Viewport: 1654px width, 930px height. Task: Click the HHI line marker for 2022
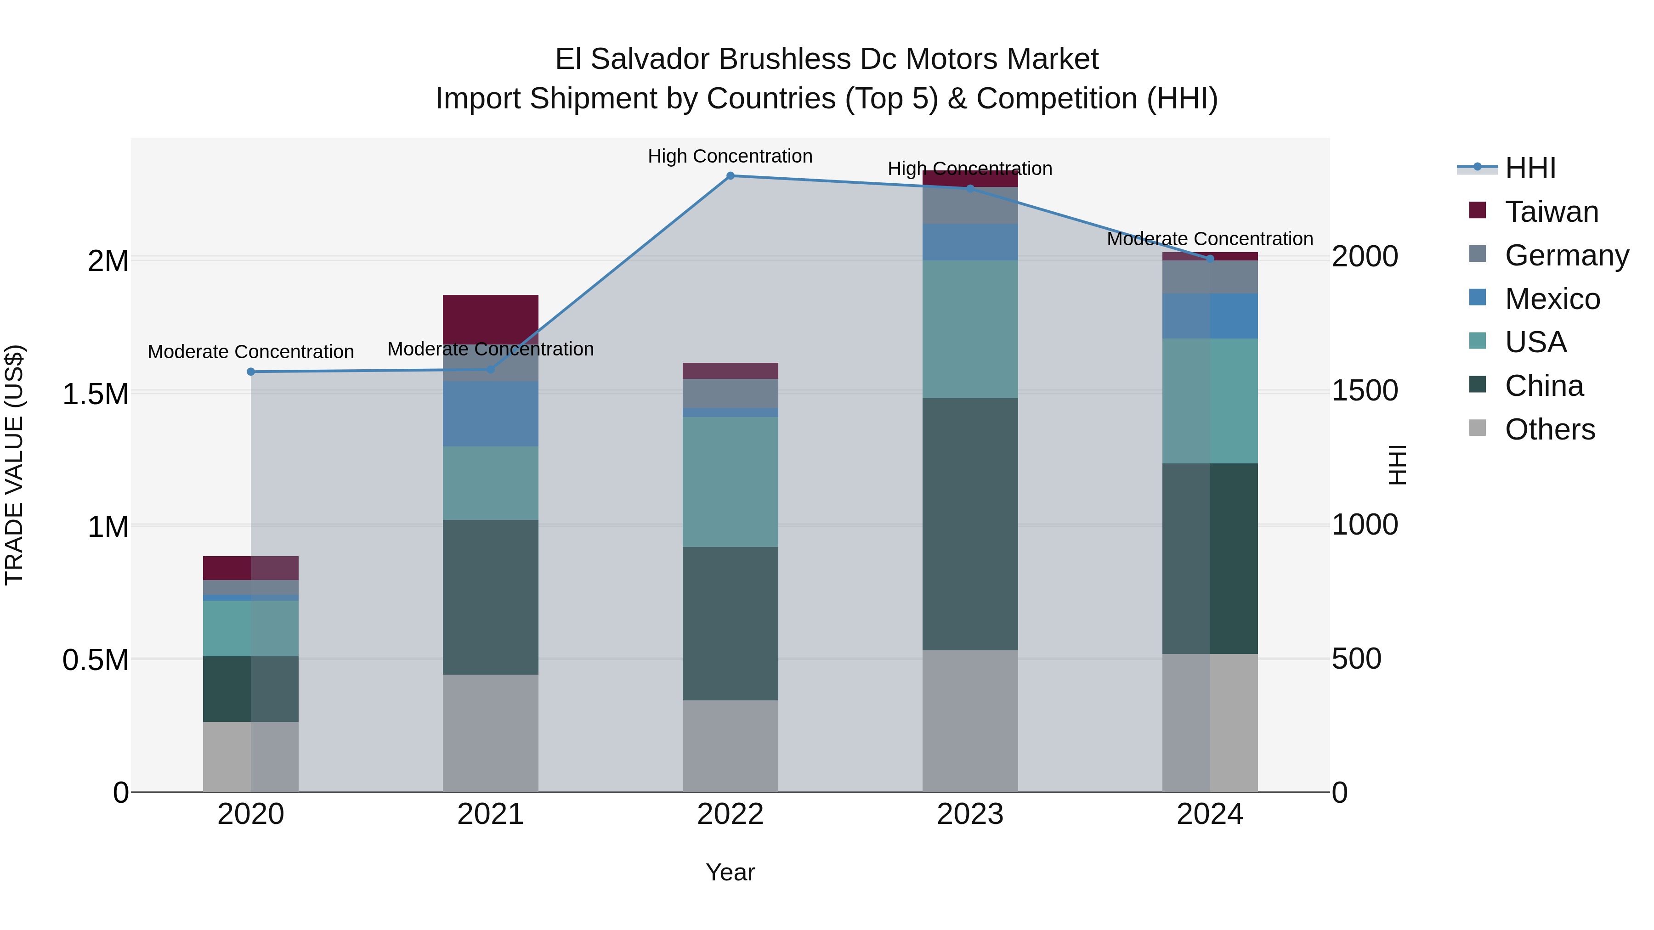pyautogui.click(x=730, y=176)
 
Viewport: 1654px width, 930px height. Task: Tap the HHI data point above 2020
pyautogui.click(x=251, y=372)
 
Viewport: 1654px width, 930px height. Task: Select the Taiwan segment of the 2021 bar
pyautogui.click(x=491, y=319)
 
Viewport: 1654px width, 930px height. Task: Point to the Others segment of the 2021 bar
pyautogui.click(x=491, y=733)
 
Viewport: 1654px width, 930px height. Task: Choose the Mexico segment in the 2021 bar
pyautogui.click(x=491, y=413)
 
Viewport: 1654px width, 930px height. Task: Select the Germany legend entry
pyautogui.click(x=1566, y=255)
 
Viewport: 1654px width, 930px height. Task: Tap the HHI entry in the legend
pyautogui.click(x=1529, y=168)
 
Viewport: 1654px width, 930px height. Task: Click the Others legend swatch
pyautogui.click(x=1478, y=428)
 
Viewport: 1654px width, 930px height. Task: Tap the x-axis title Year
pyautogui.click(x=730, y=872)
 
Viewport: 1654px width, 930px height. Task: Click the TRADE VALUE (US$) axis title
pyautogui.click(x=14, y=465)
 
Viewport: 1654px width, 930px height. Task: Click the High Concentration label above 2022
pyautogui.click(x=730, y=156)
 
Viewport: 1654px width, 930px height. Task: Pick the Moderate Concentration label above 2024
pyautogui.click(x=1210, y=239)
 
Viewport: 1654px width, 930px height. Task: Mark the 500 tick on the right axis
pyautogui.click(x=1356, y=659)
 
